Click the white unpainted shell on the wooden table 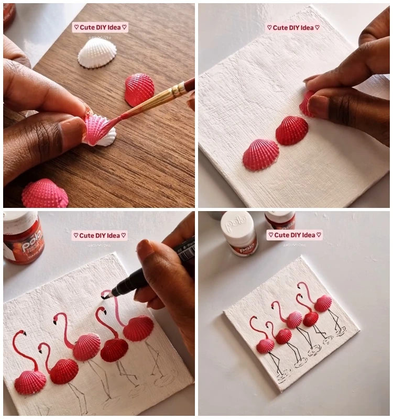point(97,54)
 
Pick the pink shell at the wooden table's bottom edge point(45,194)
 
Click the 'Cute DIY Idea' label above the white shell point(100,27)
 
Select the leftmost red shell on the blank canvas point(260,155)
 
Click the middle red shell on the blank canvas point(292,130)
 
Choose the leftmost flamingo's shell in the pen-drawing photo point(30,382)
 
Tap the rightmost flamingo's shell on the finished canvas point(323,303)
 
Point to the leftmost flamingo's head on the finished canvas point(254,319)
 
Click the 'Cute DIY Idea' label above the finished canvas point(294,235)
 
